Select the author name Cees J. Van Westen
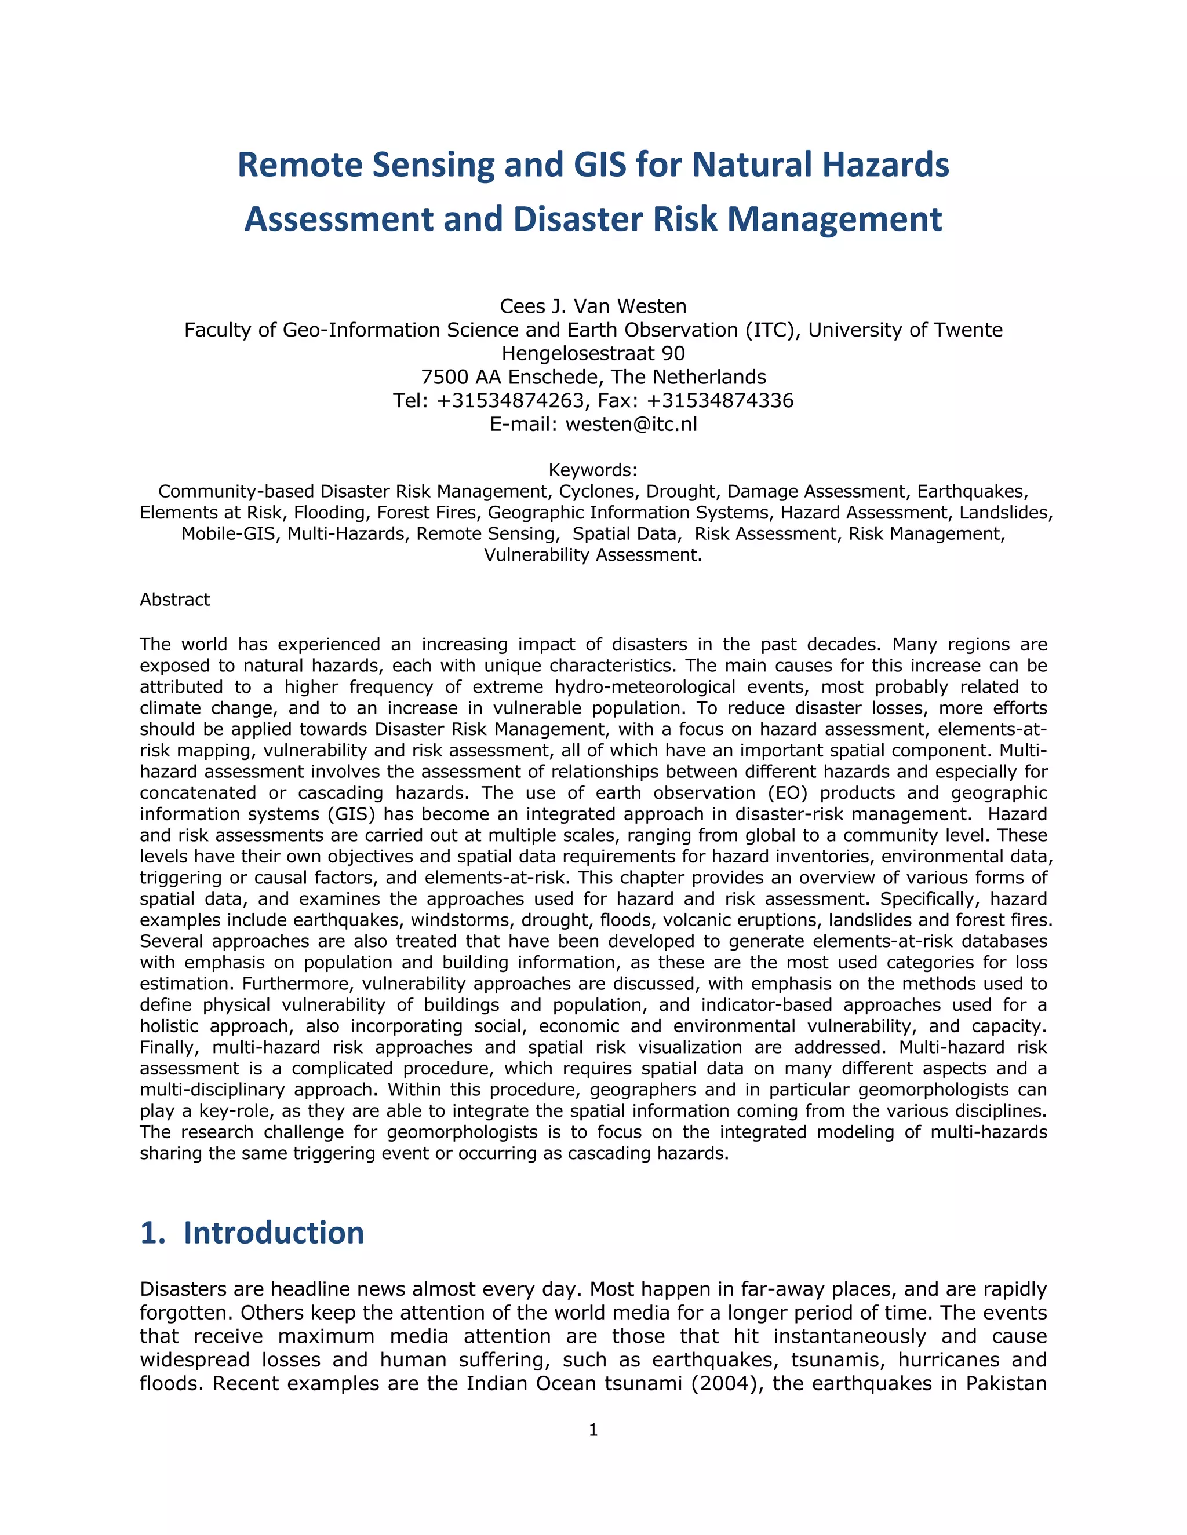pyautogui.click(x=593, y=306)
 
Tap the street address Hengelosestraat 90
pyautogui.click(x=593, y=353)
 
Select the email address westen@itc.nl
pyautogui.click(x=631, y=425)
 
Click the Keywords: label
pyautogui.click(x=593, y=470)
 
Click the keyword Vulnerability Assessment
pyautogui.click(x=592, y=555)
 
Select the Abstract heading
pyautogui.click(x=174, y=600)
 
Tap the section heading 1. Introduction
pyautogui.click(x=252, y=1233)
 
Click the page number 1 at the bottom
pyautogui.click(x=593, y=1430)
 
